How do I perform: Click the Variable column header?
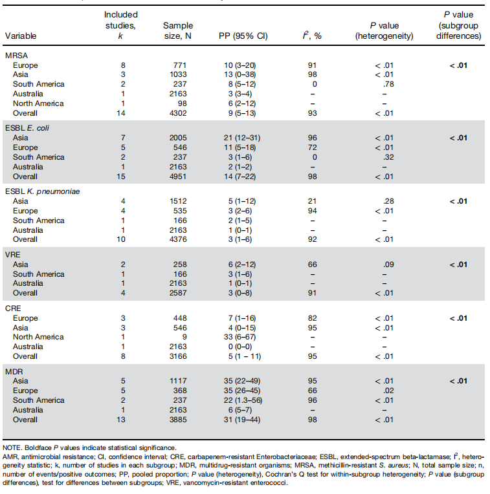[21, 36]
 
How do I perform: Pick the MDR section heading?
[16, 373]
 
